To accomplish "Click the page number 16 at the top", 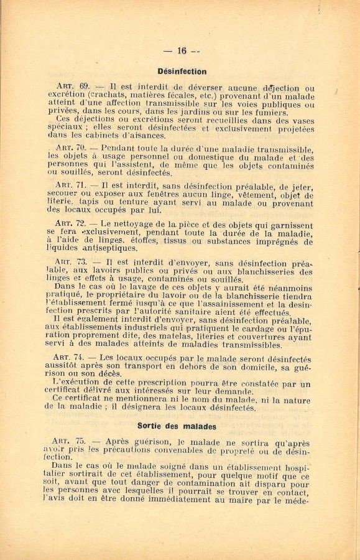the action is pyautogui.click(x=182, y=51).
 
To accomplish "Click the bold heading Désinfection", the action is pyautogui.click(x=182, y=72).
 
